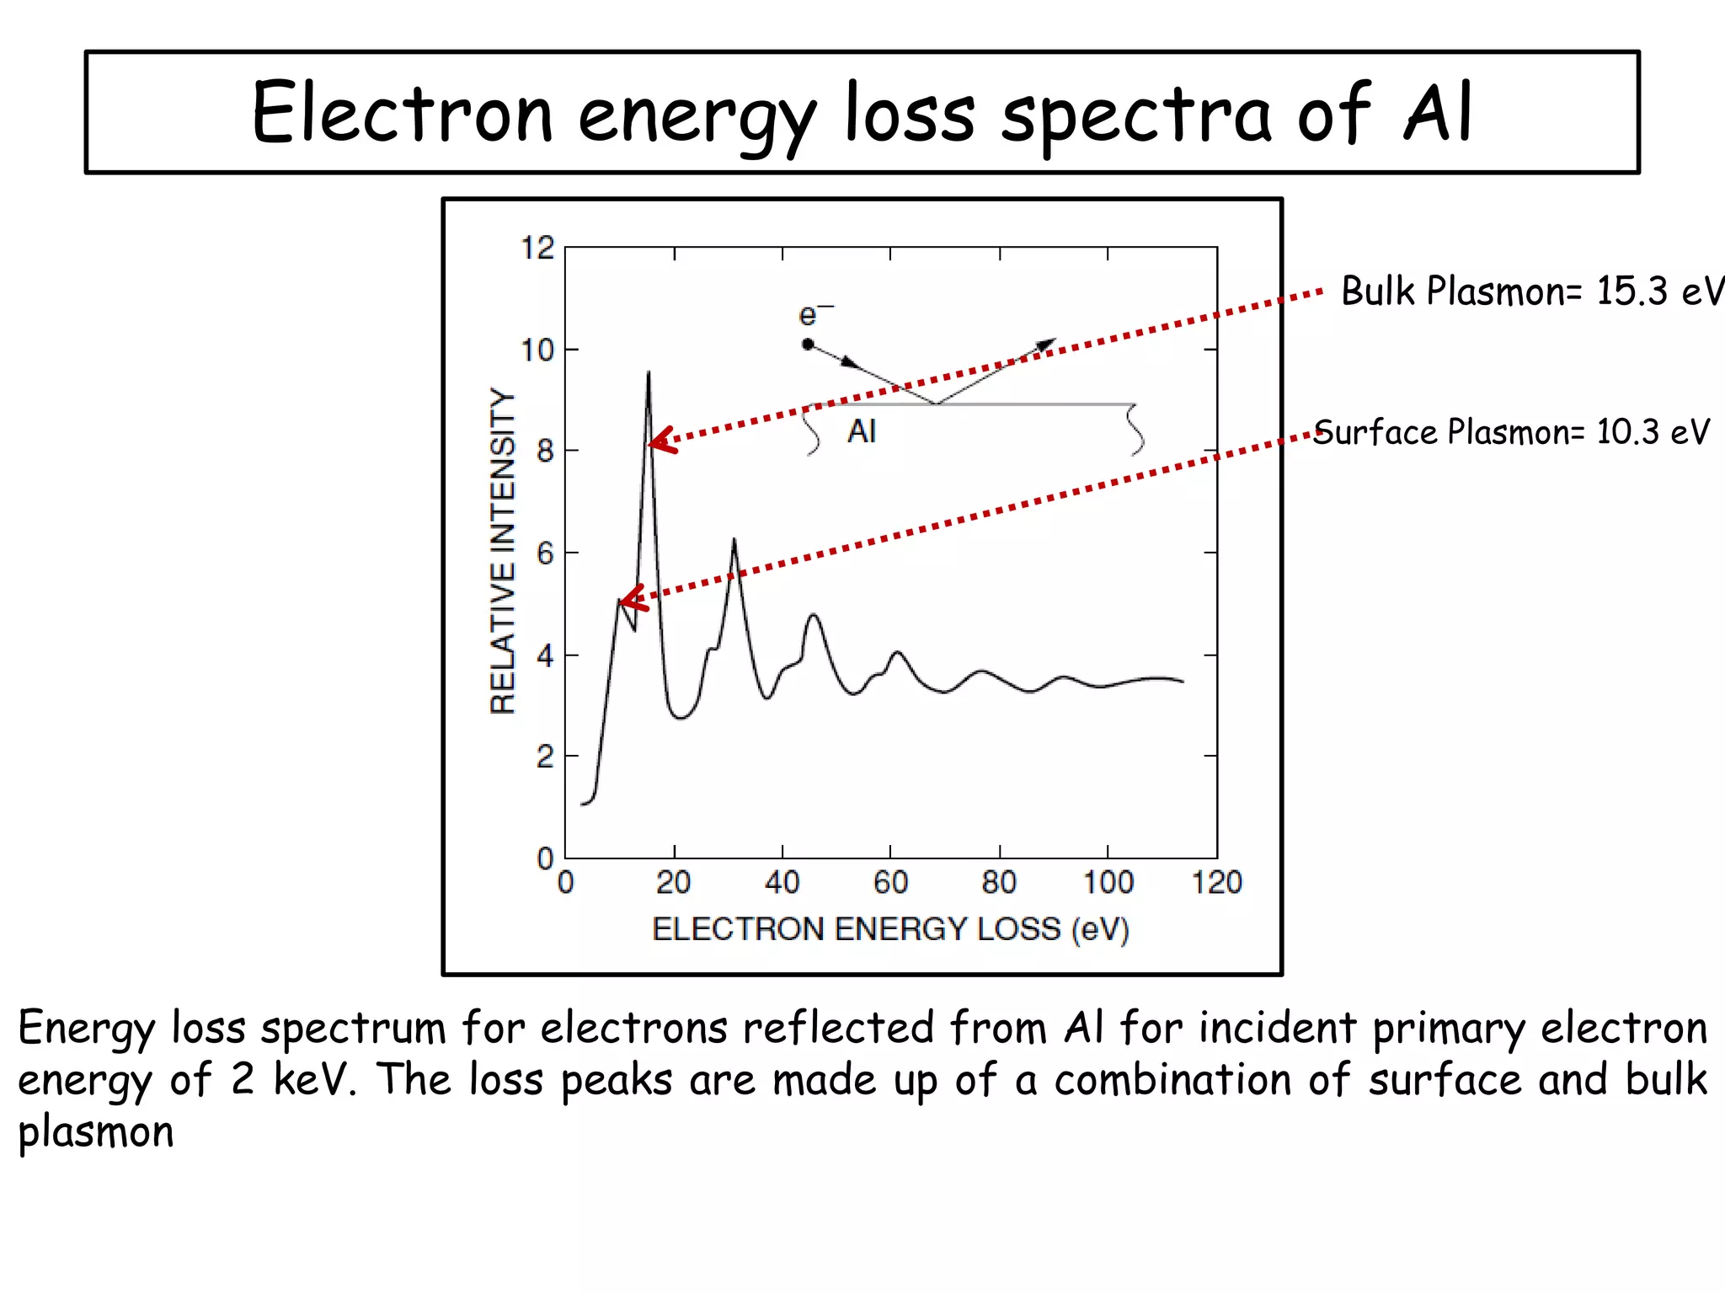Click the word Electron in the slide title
tap(402, 113)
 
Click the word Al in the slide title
tap(1439, 111)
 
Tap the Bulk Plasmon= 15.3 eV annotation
tap(1531, 291)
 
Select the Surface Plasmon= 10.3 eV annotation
tap(1511, 432)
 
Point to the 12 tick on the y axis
tap(537, 249)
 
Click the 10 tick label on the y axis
tap(537, 350)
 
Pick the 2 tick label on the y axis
tap(545, 757)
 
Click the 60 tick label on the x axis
tap(890, 883)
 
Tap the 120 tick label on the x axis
tap(1216, 883)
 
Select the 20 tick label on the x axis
tap(673, 883)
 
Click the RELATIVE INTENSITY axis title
tap(503, 552)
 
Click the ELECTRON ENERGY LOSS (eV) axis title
tap(890, 929)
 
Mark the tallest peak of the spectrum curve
tap(649, 373)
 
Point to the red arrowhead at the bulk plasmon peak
tap(660, 441)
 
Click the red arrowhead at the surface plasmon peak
tap(630, 599)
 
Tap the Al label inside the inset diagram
tap(862, 431)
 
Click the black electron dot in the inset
tap(808, 344)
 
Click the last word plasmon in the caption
tap(96, 1131)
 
